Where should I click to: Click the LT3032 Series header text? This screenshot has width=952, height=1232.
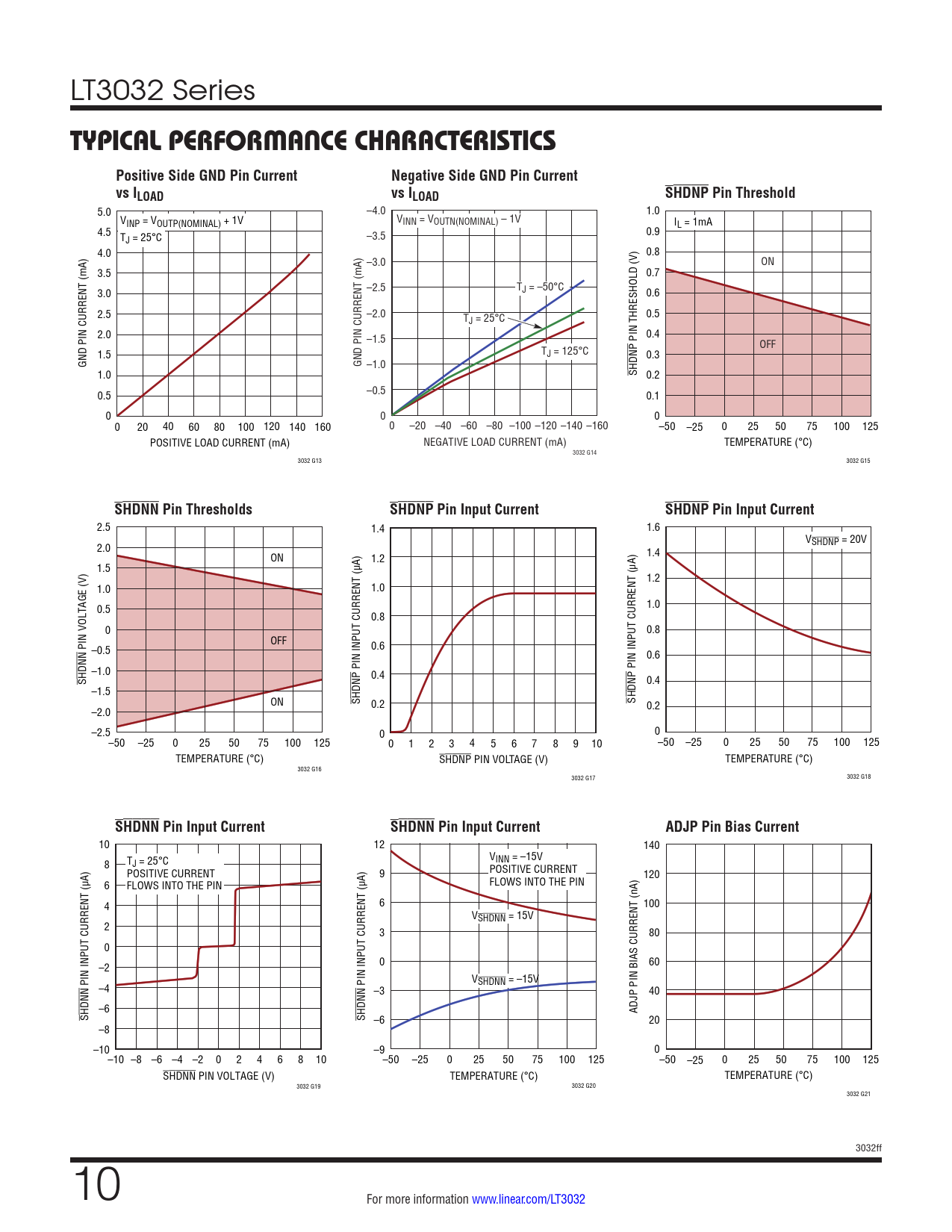click(163, 90)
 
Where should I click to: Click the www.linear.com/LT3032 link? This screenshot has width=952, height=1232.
click(528, 1199)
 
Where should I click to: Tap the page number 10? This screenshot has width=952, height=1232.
click(97, 1184)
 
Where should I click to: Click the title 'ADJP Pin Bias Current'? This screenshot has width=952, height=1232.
click(732, 827)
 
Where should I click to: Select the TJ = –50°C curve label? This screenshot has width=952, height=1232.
click(541, 287)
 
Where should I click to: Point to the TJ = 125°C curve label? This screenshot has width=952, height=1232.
click(564, 352)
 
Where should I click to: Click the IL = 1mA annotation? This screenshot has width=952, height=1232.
click(693, 222)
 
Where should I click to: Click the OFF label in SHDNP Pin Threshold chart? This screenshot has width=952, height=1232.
click(767, 344)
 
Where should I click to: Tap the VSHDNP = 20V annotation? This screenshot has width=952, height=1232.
click(836, 540)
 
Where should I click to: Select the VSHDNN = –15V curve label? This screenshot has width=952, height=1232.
click(505, 980)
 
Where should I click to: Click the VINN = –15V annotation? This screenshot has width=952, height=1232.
click(516, 857)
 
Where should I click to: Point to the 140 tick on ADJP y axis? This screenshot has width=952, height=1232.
click(651, 845)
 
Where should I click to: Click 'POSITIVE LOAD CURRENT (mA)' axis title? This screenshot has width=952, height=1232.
click(220, 443)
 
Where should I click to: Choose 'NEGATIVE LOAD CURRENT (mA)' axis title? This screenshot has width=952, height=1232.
click(494, 442)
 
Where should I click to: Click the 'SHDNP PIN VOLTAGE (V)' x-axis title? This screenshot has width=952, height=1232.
click(493, 759)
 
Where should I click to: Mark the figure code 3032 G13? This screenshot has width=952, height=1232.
click(309, 461)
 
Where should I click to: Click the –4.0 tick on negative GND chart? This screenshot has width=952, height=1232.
click(376, 211)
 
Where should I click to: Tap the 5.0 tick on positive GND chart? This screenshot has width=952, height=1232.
click(104, 212)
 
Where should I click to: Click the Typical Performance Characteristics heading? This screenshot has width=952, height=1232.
click(313, 140)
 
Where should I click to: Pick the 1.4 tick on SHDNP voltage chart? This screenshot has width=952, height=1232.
click(378, 529)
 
